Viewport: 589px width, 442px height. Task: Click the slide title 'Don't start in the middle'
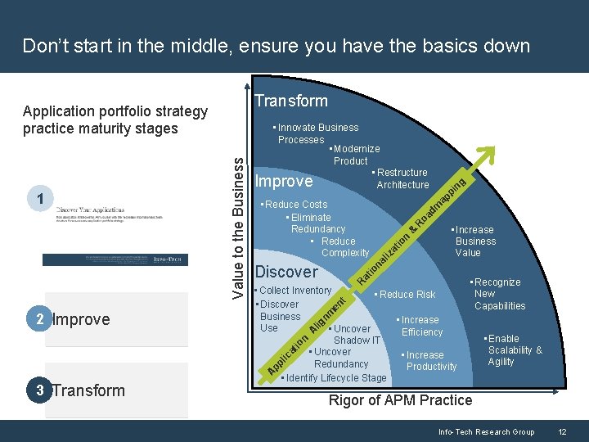(x=276, y=45)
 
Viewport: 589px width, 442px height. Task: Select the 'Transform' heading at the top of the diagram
(x=291, y=101)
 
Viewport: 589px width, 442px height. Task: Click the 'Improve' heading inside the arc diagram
(x=285, y=181)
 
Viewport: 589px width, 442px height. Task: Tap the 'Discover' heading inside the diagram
(x=286, y=272)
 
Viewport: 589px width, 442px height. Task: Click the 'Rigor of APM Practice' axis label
(x=400, y=400)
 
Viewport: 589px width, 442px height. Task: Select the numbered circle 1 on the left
(x=40, y=196)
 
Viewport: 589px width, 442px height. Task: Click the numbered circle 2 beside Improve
(x=40, y=319)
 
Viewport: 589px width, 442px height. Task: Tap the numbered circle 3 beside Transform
(x=40, y=390)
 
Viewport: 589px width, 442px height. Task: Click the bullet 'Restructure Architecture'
(x=401, y=178)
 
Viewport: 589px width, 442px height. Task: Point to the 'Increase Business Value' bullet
(x=474, y=241)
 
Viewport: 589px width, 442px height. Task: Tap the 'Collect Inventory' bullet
(x=294, y=291)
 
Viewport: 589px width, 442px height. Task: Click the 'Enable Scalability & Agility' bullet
(x=513, y=350)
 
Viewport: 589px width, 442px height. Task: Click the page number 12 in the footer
(x=562, y=432)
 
